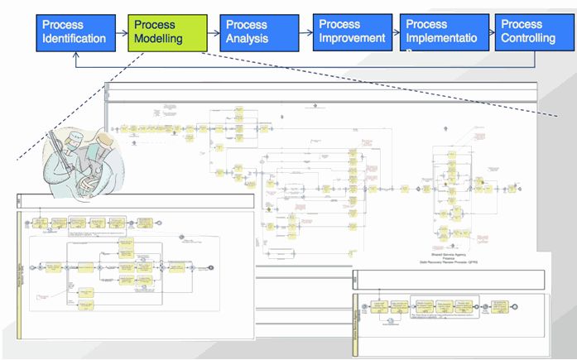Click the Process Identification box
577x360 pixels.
(75, 31)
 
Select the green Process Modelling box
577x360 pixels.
(166, 31)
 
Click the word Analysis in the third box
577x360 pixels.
(249, 38)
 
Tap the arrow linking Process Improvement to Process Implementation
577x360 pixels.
(394, 31)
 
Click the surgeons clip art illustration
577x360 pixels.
(78, 156)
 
